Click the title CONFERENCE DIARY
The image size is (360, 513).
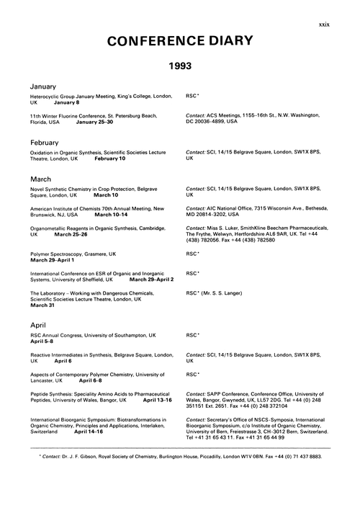tap(180, 44)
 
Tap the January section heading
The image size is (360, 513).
tap(45, 86)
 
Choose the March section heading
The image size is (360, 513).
tap(42, 177)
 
